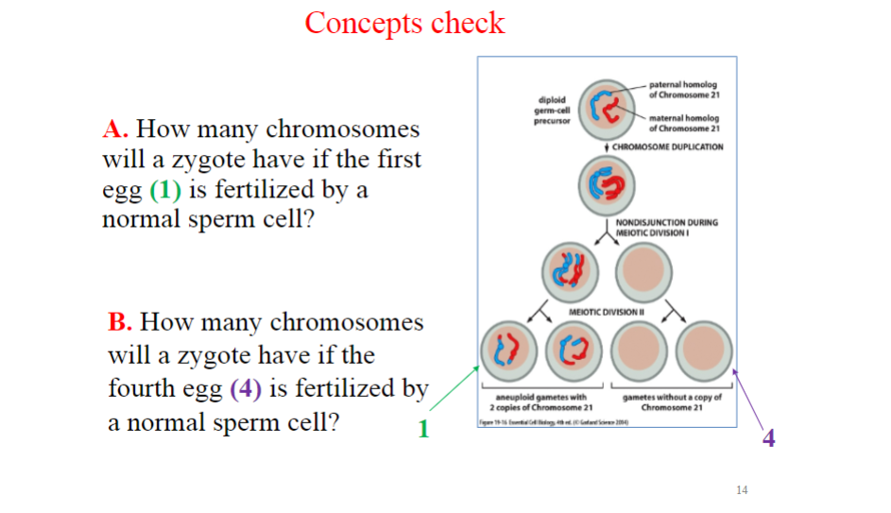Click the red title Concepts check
(x=404, y=23)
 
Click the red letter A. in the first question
(x=115, y=129)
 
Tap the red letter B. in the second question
(x=120, y=323)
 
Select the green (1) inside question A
(x=164, y=189)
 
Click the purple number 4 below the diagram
(x=768, y=438)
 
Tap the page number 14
(x=741, y=489)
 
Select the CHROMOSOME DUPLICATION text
(x=667, y=147)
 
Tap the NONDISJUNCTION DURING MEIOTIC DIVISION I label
(x=666, y=227)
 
